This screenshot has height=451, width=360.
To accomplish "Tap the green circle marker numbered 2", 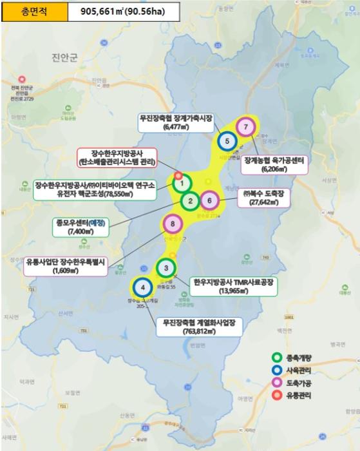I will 191,201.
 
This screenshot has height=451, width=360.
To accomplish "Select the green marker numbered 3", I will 166,268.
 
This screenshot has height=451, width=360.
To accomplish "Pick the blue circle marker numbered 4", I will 142,287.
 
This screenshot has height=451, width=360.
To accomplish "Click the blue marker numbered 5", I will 227,140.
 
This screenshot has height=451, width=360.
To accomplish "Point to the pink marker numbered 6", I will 210,201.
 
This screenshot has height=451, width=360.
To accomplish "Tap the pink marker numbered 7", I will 245,127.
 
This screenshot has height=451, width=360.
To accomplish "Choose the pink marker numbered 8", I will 173,224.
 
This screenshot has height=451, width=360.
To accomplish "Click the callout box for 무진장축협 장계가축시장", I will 175,123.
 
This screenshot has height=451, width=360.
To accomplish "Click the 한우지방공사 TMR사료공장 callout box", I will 234,286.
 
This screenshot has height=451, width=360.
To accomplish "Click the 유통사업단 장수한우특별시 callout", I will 67,266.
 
